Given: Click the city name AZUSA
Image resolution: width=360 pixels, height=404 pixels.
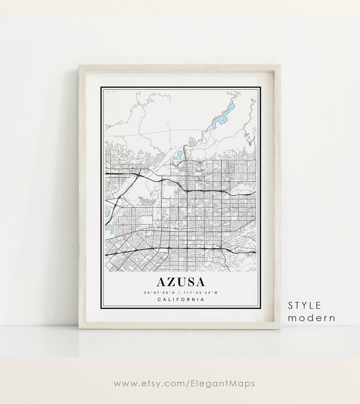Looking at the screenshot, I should [x=180, y=282].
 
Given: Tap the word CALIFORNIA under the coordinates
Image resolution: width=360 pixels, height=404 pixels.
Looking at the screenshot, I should [x=180, y=299].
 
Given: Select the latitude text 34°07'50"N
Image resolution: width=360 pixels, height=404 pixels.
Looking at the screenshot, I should [x=159, y=293].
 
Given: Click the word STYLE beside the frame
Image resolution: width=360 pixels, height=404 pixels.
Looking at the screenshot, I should [x=305, y=305].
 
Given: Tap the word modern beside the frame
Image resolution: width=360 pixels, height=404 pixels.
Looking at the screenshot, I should [x=312, y=318].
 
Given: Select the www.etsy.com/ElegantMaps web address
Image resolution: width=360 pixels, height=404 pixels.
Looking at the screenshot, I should [x=184, y=383].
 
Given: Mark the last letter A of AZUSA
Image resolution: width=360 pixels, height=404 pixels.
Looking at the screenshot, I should [x=199, y=282].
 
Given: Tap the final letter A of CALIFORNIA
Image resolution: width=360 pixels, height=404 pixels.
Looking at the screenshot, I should [x=202, y=299].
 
